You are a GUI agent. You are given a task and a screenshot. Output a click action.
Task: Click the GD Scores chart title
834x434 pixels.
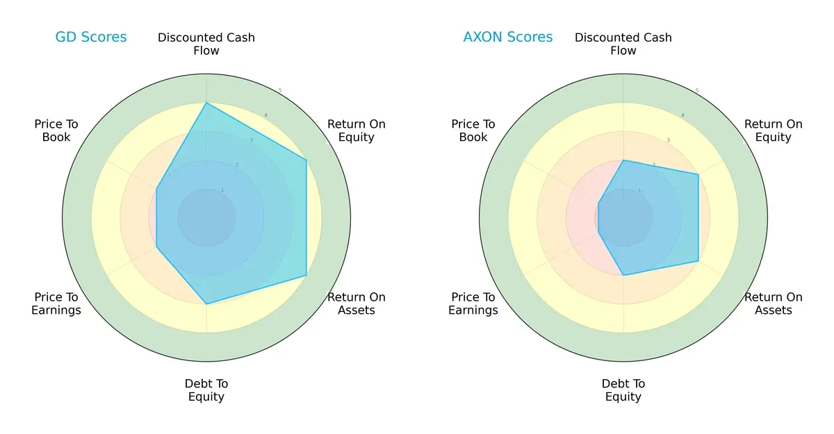91,37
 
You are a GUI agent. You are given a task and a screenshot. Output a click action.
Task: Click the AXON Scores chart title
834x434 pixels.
508,37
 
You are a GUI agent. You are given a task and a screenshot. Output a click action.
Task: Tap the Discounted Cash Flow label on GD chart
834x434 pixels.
206,44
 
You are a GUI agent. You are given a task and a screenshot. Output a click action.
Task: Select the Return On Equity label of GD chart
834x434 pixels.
357,131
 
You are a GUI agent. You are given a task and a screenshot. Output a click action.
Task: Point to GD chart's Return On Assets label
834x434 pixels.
357,303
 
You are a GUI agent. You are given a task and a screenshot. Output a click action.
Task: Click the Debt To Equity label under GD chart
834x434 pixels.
206,390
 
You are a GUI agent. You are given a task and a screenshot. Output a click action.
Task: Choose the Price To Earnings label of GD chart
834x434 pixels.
56,303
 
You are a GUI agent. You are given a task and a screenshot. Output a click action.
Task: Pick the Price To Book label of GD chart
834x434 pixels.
56,131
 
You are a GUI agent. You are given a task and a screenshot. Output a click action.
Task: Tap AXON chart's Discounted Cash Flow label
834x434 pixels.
623,44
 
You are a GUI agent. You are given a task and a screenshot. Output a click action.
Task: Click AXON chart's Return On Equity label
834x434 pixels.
774,131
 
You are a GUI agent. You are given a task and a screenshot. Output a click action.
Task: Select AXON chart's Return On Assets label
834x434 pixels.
774,303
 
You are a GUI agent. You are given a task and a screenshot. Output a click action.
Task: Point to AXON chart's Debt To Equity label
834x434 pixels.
623,390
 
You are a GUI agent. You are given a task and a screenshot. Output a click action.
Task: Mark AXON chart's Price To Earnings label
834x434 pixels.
473,303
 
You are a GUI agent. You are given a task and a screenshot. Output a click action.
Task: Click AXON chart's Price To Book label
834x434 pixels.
473,131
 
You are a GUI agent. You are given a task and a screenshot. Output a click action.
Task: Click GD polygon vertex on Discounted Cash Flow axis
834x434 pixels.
206,103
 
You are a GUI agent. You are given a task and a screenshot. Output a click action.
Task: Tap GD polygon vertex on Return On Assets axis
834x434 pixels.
306,276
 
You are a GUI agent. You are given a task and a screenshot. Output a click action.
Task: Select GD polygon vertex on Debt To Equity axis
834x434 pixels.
206,304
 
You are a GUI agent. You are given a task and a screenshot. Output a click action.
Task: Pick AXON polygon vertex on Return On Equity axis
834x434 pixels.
698,174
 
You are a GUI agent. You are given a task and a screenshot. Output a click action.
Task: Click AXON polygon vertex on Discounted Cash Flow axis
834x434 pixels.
623,160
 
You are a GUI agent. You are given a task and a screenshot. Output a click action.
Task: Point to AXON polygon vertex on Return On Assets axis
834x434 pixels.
698,262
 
